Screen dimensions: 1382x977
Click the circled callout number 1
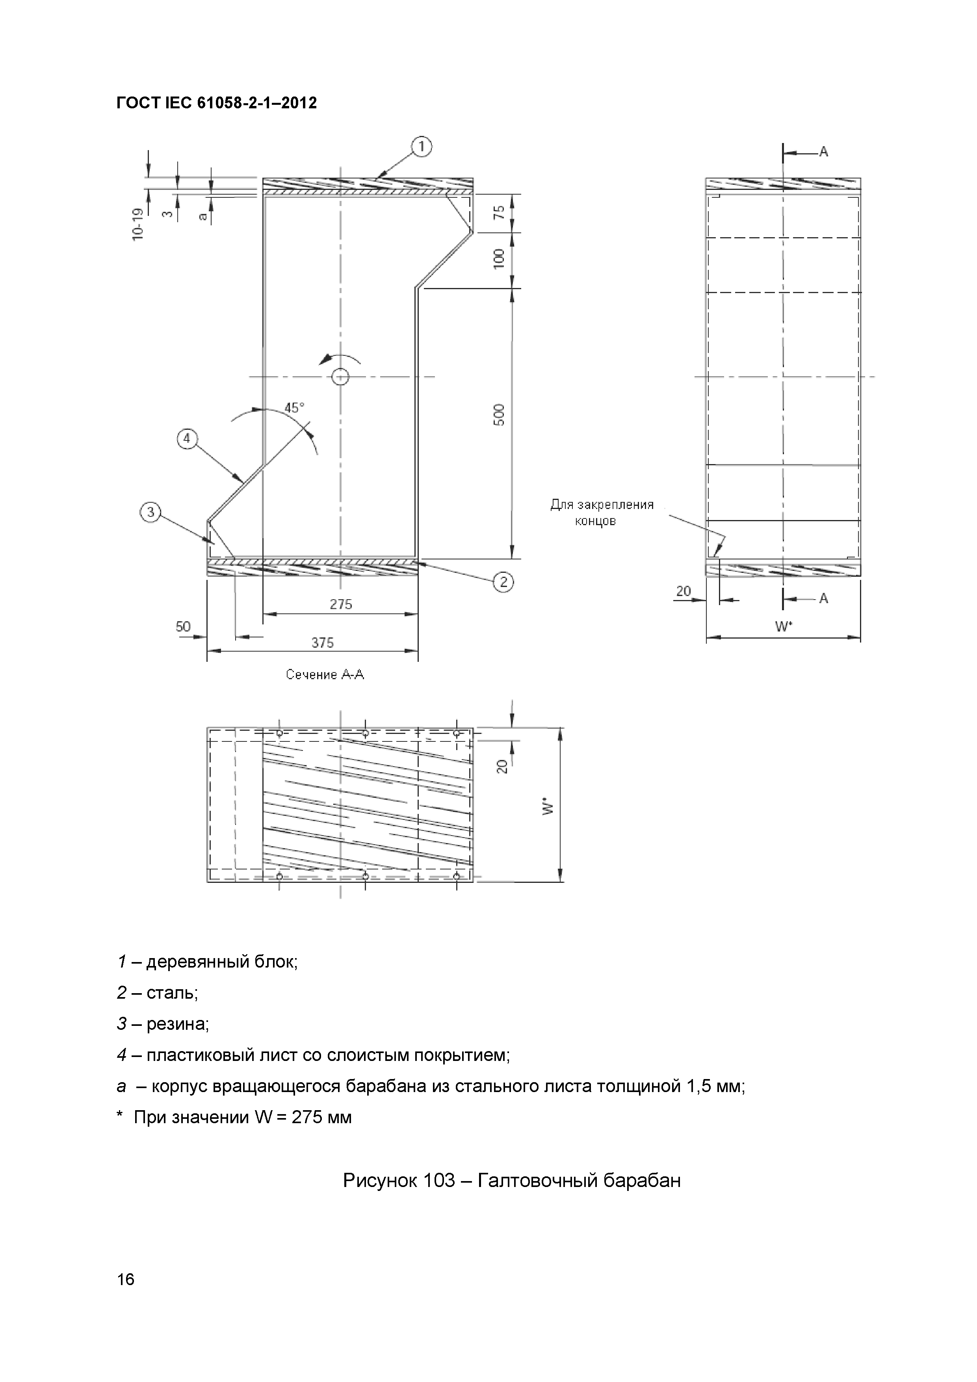[x=422, y=147]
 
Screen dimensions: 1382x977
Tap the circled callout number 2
[x=503, y=581]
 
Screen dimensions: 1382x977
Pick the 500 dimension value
[x=499, y=415]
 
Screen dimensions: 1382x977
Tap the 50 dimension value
[x=183, y=627]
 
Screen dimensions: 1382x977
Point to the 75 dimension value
[x=499, y=212]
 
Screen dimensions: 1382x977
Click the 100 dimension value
[x=499, y=259]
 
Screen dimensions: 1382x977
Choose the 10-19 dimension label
[x=138, y=225]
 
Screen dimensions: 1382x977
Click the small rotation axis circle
[x=340, y=377]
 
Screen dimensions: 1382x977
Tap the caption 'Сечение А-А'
[x=325, y=675]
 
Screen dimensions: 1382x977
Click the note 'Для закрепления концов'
[x=602, y=512]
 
